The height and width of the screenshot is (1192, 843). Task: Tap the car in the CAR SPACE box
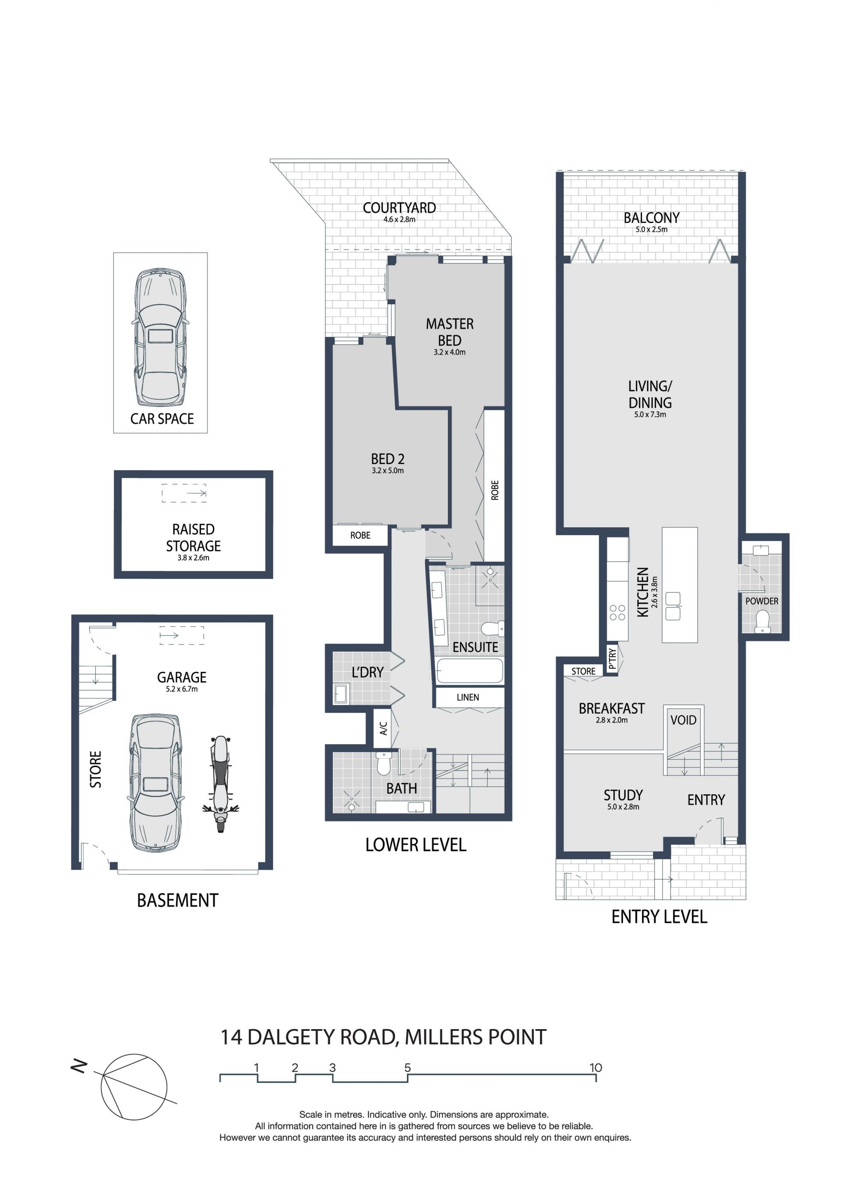click(160, 338)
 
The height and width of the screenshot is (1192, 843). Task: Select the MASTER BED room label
click(450, 332)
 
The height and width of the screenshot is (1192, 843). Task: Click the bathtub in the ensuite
click(470, 671)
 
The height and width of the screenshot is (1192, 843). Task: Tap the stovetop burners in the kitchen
click(617, 612)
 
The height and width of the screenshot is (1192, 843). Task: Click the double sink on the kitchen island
click(673, 606)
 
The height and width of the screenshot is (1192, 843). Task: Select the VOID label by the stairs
click(683, 720)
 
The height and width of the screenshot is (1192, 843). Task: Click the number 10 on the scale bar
click(595, 1068)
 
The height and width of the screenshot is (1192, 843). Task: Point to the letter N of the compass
click(79, 1067)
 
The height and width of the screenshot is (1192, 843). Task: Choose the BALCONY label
click(652, 218)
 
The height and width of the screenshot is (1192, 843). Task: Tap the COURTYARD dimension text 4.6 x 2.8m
click(399, 220)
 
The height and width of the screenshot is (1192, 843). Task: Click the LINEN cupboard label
click(468, 697)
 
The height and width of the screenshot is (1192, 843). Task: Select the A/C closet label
click(384, 728)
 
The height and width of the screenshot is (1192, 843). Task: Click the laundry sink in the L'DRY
click(341, 694)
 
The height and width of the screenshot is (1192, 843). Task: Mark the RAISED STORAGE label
click(193, 538)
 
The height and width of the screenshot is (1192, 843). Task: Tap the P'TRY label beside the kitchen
click(612, 658)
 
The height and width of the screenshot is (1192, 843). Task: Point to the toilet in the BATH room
click(384, 763)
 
